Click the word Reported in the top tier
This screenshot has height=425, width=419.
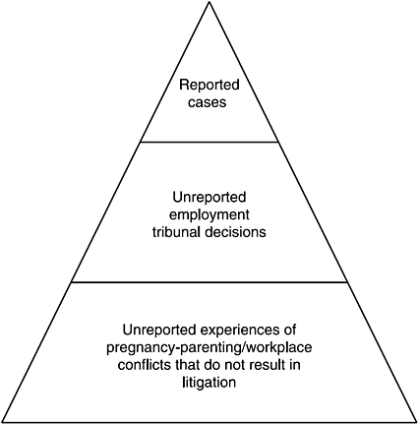click(209, 85)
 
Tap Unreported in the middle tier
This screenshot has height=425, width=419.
click(209, 198)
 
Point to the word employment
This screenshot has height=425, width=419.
click(209, 214)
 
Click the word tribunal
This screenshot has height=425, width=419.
click(176, 232)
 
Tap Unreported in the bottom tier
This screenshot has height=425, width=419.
click(159, 330)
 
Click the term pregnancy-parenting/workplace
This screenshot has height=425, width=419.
click(209, 347)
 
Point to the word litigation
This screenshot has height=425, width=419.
click(209, 383)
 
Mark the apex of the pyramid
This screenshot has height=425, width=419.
click(209, 2)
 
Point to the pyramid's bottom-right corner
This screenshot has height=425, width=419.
click(417, 422)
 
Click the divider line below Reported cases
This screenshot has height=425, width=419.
click(209, 142)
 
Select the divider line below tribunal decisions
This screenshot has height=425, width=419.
click(209, 281)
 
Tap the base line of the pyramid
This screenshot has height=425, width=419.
click(209, 422)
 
